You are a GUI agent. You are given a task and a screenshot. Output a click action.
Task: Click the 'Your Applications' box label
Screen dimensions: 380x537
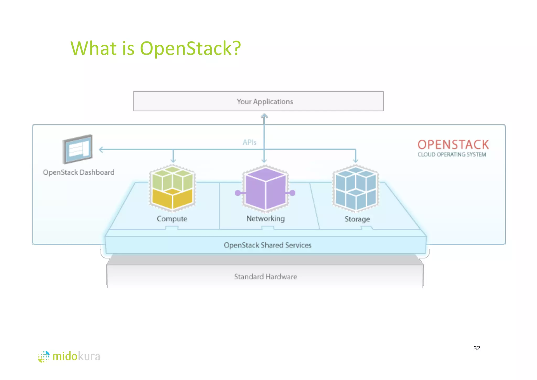(x=265, y=102)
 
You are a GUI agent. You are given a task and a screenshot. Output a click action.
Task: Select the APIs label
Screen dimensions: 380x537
(x=249, y=142)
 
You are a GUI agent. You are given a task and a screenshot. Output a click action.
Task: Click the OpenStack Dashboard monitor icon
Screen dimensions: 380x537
(x=78, y=149)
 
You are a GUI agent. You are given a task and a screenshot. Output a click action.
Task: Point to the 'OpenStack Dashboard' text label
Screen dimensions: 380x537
(x=79, y=172)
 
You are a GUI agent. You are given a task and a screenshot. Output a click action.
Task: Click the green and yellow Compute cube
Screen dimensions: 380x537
(x=172, y=188)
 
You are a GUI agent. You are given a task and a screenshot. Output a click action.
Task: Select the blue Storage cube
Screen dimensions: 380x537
(x=356, y=188)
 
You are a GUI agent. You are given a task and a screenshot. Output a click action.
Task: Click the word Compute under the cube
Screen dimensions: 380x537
(x=172, y=219)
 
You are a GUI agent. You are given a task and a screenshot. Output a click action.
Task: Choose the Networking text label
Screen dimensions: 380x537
(x=265, y=218)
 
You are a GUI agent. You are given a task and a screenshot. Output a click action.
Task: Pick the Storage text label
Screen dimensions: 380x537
(x=357, y=219)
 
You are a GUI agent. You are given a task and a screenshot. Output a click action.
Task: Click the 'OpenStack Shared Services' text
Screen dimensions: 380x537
(x=267, y=245)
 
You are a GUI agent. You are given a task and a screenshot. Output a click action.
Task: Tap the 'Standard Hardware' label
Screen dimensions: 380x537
(x=265, y=277)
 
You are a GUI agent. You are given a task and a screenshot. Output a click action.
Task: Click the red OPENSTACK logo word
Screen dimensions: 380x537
(x=453, y=145)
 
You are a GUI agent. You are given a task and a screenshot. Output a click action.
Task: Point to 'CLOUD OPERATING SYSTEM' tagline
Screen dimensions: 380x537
(x=452, y=155)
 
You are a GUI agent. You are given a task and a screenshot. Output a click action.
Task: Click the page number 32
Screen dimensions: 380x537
(x=477, y=348)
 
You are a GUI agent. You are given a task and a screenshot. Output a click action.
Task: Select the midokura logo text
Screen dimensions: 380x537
(x=76, y=356)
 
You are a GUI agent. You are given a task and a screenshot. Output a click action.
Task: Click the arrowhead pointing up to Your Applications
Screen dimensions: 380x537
(x=264, y=116)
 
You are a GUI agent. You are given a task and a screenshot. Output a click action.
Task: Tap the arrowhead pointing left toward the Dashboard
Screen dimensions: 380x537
(x=101, y=150)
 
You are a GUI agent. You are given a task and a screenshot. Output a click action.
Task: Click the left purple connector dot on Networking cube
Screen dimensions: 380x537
(x=238, y=193)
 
